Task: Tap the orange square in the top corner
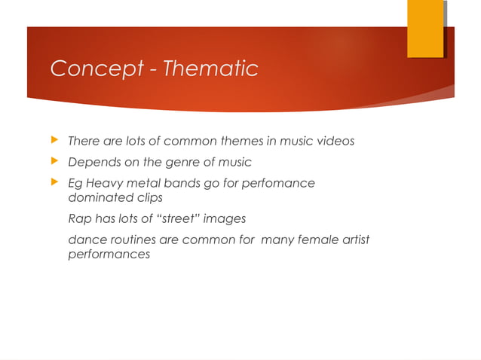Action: pyautogui.click(x=425, y=29)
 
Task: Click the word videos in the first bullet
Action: pyautogui.click(x=335, y=141)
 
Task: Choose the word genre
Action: pyautogui.click(x=176, y=163)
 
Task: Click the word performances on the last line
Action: pyautogui.click(x=109, y=255)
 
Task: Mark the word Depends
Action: pyautogui.click(x=91, y=163)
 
